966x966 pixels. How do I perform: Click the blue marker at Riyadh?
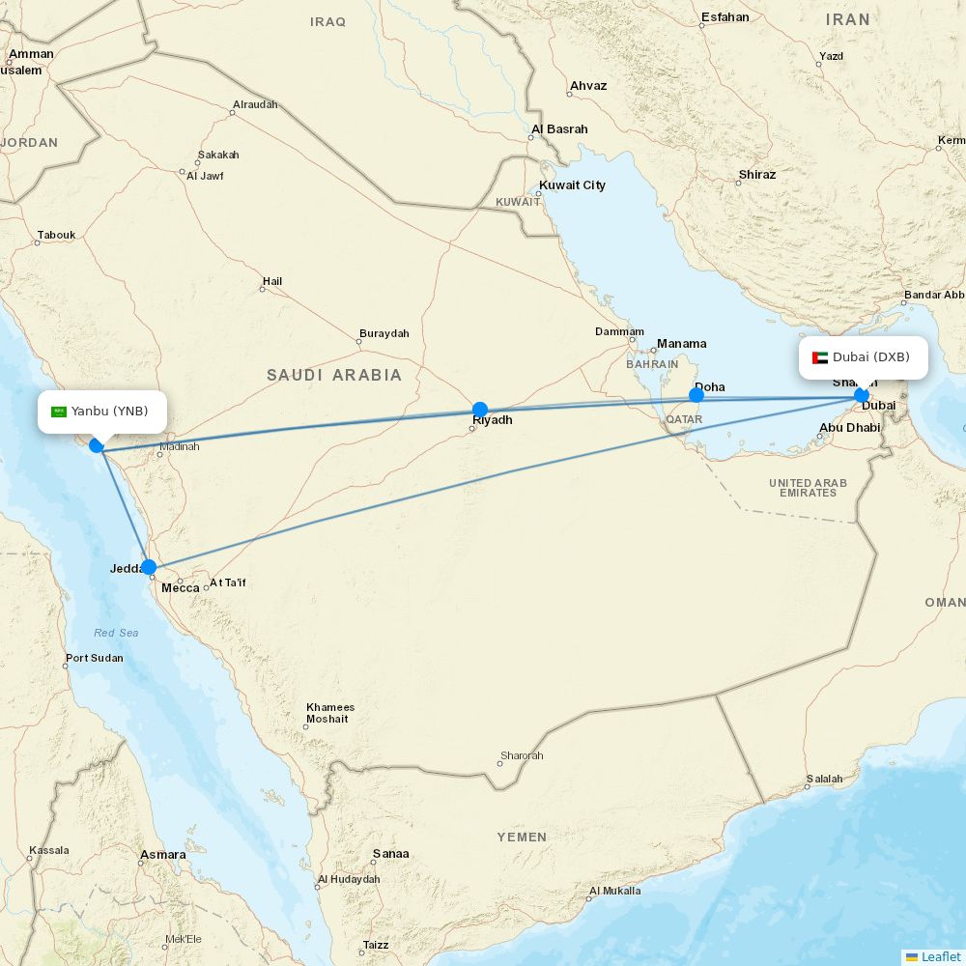(480, 410)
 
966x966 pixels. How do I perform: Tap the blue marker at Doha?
(696, 395)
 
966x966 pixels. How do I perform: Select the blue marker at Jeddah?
(149, 567)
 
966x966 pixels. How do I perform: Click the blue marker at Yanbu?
(97, 445)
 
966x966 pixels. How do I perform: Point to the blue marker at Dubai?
(861, 395)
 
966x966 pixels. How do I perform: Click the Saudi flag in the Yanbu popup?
(59, 412)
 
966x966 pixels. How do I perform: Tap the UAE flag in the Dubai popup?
(820, 357)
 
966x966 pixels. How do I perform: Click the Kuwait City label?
(572, 185)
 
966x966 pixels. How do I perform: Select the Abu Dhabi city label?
(849, 428)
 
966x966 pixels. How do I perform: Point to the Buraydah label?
(384, 334)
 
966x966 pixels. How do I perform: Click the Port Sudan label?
(94, 659)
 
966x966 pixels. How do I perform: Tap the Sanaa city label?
(390, 854)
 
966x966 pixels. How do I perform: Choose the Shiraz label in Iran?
(756, 175)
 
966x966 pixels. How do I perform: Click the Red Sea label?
(116, 634)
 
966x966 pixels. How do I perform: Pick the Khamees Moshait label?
(330, 713)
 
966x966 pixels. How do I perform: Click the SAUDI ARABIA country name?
(334, 375)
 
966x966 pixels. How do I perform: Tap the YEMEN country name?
(522, 838)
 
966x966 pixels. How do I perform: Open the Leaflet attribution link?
(940, 956)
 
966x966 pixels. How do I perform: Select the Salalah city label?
(824, 780)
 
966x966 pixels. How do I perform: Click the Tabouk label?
(56, 236)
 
